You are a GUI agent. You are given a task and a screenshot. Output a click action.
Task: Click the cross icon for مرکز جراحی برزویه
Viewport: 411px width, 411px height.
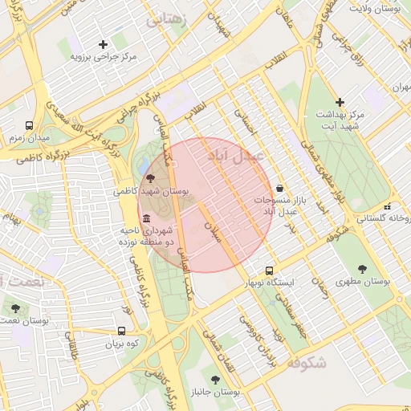(102, 44)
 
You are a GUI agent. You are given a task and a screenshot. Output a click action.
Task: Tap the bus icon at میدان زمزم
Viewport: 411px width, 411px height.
(30, 126)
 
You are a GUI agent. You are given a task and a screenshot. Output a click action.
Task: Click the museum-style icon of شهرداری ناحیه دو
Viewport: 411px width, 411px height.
(145, 219)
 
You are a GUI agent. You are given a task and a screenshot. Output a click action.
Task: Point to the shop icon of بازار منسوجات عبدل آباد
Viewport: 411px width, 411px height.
(279, 187)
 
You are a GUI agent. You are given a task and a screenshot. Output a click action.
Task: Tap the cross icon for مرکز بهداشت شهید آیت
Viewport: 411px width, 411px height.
(340, 102)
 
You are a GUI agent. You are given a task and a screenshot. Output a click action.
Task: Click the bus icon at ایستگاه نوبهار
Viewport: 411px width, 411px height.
(269, 271)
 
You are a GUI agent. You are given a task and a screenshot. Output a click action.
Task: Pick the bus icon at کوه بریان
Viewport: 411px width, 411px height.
(121, 331)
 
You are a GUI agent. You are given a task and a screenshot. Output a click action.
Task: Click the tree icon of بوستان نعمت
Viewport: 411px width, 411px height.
(15, 307)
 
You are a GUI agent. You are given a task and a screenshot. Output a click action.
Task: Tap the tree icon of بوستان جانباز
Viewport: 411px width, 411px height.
(214, 379)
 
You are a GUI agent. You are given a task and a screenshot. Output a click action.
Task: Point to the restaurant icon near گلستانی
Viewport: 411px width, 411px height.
(388, 205)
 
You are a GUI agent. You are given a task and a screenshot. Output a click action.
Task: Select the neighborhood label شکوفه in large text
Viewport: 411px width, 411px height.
(306, 363)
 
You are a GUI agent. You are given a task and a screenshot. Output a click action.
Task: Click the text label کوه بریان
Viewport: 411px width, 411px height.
(122, 344)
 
